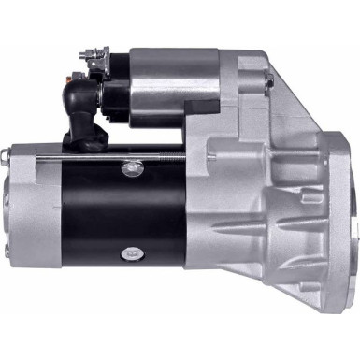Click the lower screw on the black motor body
[129, 252]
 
